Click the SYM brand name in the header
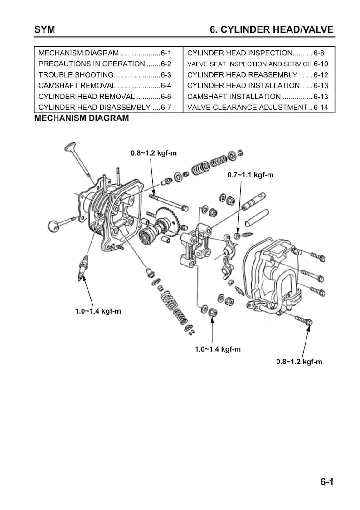pyautogui.click(x=44, y=29)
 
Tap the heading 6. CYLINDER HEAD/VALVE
pyautogui.click(x=272, y=29)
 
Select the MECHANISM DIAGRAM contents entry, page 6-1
pyautogui.click(x=105, y=53)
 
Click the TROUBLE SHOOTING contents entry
pyautogui.click(x=105, y=75)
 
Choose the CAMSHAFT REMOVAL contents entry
pyautogui.click(x=105, y=86)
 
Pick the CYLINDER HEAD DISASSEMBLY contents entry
pyautogui.click(x=105, y=108)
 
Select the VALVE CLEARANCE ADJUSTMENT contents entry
pyautogui.click(x=258, y=108)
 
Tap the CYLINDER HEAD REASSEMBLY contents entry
pyautogui.click(x=258, y=75)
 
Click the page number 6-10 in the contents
pyautogui.click(x=321, y=64)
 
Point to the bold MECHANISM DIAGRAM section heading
pyautogui.click(x=82, y=118)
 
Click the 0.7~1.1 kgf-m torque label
pyautogui.click(x=250, y=175)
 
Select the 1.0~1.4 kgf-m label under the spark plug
pyautogui.click(x=98, y=311)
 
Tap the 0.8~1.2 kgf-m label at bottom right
pyautogui.click(x=299, y=362)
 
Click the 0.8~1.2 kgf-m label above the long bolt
pyautogui.click(x=154, y=153)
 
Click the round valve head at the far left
pyautogui.click(x=54, y=225)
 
